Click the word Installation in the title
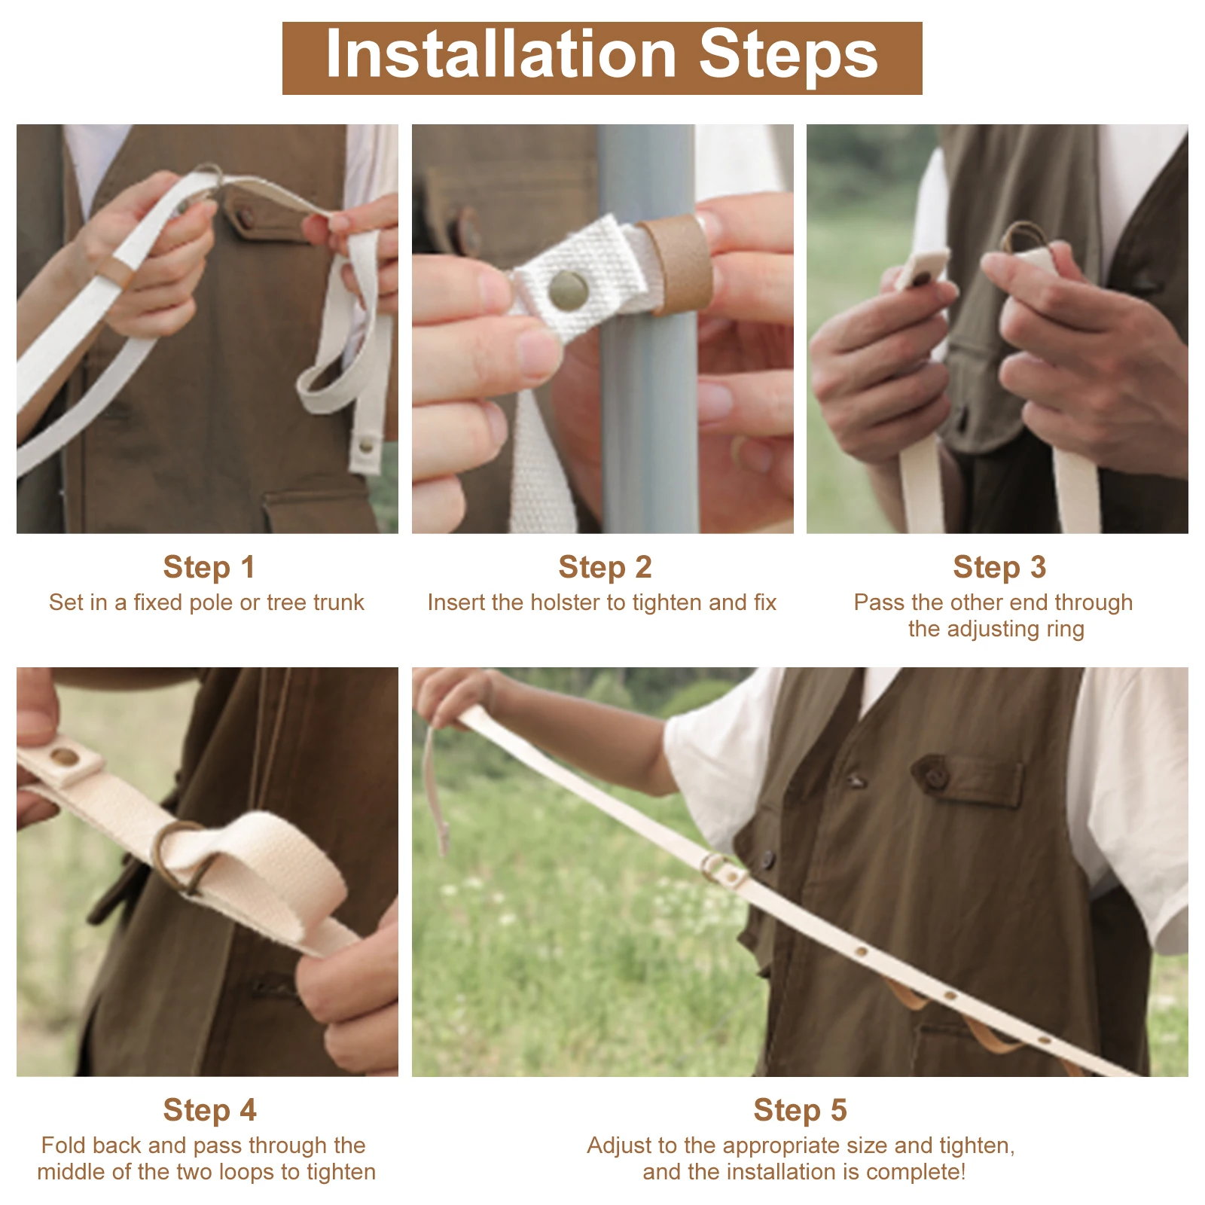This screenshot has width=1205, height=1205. [x=501, y=54]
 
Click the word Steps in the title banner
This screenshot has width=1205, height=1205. [x=789, y=56]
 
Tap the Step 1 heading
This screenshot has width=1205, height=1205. [x=209, y=567]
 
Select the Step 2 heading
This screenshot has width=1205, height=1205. [x=605, y=567]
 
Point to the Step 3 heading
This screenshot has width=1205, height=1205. [x=999, y=567]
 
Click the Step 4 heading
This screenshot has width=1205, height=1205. [x=209, y=1110]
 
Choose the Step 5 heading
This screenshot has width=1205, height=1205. [x=800, y=1110]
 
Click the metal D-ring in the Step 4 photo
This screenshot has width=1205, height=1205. [x=181, y=859]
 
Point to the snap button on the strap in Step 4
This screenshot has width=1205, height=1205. [x=64, y=756]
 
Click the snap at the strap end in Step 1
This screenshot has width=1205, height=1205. [x=366, y=446]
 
